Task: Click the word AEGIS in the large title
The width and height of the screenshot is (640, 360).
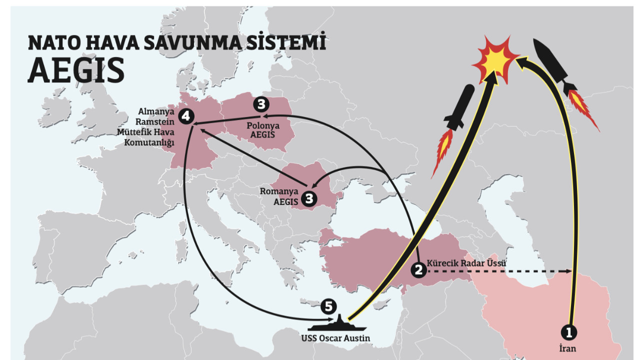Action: (76, 70)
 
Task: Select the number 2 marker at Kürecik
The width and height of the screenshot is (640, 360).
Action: (418, 270)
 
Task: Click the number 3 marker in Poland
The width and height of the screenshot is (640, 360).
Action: (261, 104)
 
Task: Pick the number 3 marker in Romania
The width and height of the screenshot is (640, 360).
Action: (308, 198)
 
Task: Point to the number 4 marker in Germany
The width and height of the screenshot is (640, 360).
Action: (186, 116)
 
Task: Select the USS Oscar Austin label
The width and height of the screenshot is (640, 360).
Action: (335, 338)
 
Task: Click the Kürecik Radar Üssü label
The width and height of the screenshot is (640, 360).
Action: (466, 263)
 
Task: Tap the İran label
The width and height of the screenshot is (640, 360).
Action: (568, 348)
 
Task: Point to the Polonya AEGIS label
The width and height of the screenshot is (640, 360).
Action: (262, 130)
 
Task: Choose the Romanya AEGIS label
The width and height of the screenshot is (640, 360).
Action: (278, 196)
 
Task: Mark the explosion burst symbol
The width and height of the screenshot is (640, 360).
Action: (496, 59)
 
